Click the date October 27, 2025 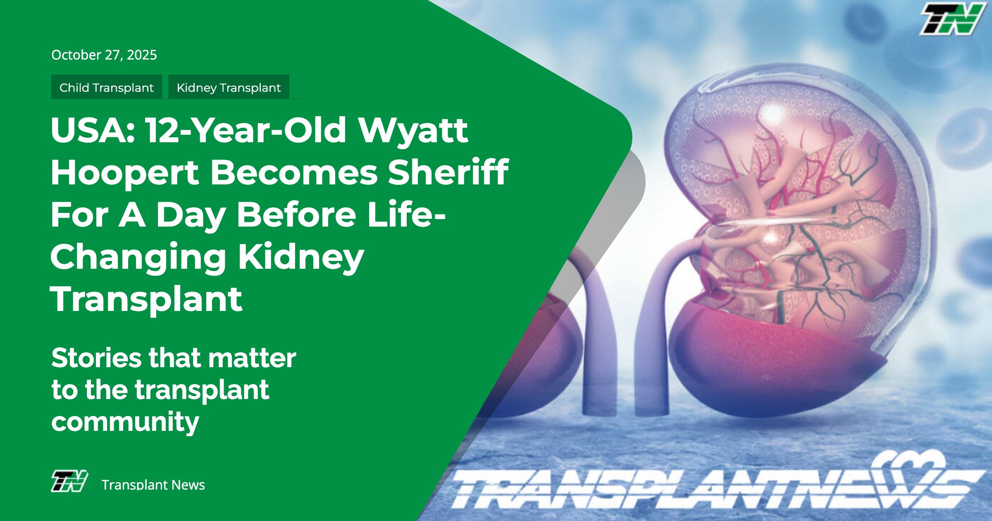[x=104, y=55]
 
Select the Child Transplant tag [x=107, y=87]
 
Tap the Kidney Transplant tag [x=229, y=87]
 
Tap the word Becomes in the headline [x=294, y=172]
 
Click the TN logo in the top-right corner [x=952, y=19]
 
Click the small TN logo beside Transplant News [x=69, y=481]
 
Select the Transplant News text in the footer [x=153, y=485]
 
